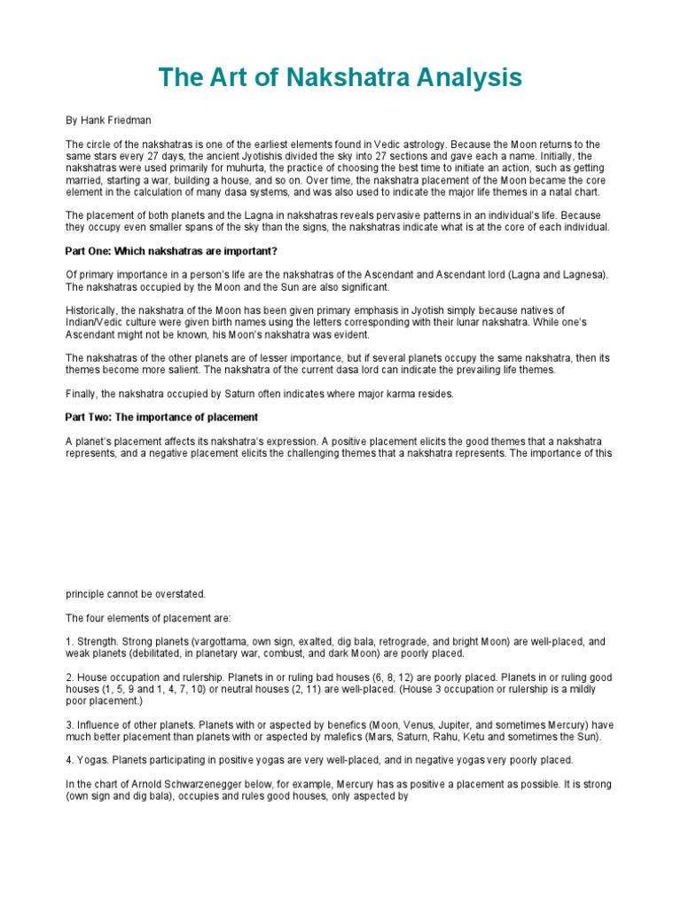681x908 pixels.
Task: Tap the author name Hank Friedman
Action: [x=109, y=121]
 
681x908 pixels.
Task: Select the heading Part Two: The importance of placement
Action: [x=161, y=417]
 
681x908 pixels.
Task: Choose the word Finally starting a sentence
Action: [x=82, y=393]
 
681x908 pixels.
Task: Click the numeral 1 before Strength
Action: [x=68, y=641]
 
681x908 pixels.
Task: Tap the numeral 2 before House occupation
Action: [x=68, y=677]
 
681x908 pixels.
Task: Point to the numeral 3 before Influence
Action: [x=68, y=725]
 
